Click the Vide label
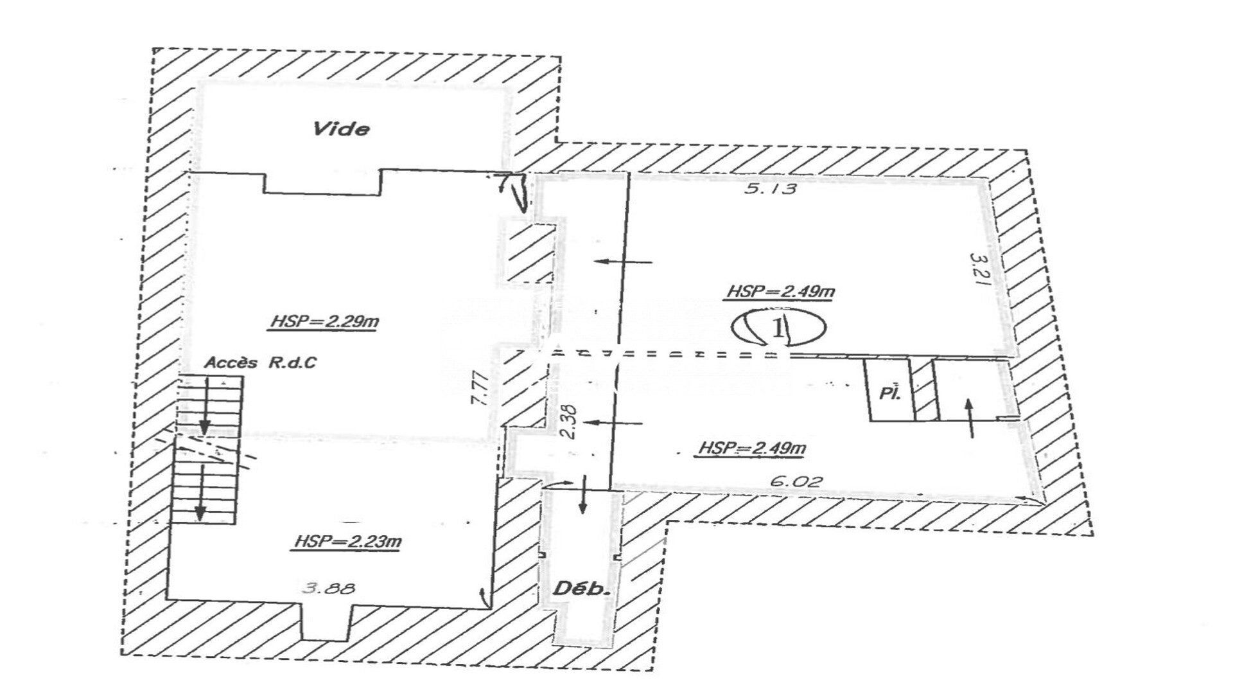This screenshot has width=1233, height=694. click(341, 129)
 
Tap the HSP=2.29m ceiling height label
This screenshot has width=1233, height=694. click(324, 321)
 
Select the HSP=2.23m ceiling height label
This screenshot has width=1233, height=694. click(347, 542)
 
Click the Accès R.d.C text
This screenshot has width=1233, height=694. click(260, 362)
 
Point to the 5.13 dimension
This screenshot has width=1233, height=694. click(771, 188)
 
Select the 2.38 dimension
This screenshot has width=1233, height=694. click(568, 422)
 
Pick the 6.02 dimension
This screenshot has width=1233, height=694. click(795, 481)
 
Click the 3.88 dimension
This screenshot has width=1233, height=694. click(328, 587)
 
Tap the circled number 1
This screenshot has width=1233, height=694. click(778, 327)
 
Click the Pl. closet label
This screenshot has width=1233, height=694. click(889, 393)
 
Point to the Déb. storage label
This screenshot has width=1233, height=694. click(582, 588)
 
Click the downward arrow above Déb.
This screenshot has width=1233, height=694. click(583, 495)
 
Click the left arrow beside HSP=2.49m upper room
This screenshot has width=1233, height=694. click(623, 262)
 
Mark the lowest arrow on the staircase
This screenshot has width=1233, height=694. click(200, 493)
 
